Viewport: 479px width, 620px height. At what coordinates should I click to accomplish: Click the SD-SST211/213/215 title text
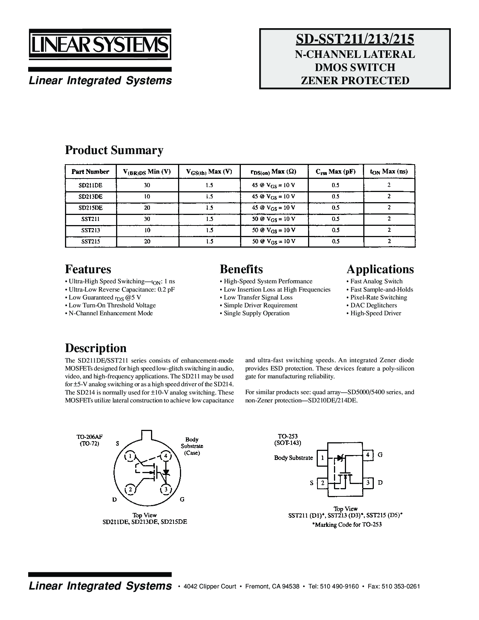click(355, 39)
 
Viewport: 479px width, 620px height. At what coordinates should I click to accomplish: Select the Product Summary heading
click(114, 150)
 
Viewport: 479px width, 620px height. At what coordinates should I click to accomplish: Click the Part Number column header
click(91, 172)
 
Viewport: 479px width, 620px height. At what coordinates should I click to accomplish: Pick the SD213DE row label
click(91, 197)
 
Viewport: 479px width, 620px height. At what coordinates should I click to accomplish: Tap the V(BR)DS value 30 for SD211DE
click(147, 185)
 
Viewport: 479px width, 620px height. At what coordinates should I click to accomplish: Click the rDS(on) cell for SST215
click(273, 242)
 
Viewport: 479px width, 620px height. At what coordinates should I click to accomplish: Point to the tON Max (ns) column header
click(389, 172)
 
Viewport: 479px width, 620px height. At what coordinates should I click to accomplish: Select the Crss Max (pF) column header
click(335, 172)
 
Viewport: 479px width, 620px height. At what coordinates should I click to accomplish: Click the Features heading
click(88, 269)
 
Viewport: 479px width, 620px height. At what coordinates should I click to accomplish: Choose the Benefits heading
click(241, 269)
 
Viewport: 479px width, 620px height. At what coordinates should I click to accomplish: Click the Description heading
click(96, 348)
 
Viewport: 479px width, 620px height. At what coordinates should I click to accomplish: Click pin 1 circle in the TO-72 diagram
click(130, 457)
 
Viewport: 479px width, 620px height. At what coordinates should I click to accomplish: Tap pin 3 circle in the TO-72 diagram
click(165, 489)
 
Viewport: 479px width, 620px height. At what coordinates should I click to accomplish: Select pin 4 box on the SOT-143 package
click(368, 455)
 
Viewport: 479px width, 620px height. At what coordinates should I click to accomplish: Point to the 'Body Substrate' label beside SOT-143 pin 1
click(293, 458)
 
